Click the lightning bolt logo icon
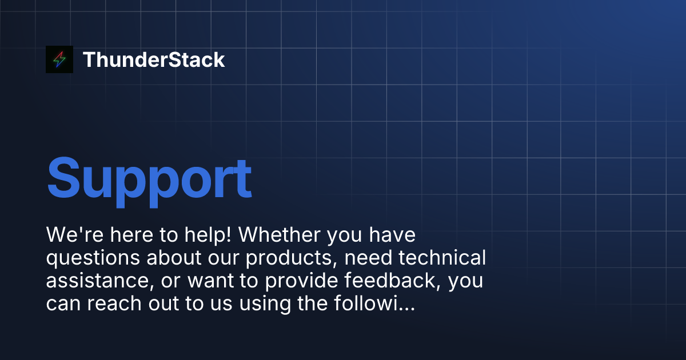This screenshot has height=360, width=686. pyautogui.click(x=59, y=59)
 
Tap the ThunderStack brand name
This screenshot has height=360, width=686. pyautogui.click(x=154, y=59)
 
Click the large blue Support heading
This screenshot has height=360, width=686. pyautogui.click(x=149, y=178)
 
